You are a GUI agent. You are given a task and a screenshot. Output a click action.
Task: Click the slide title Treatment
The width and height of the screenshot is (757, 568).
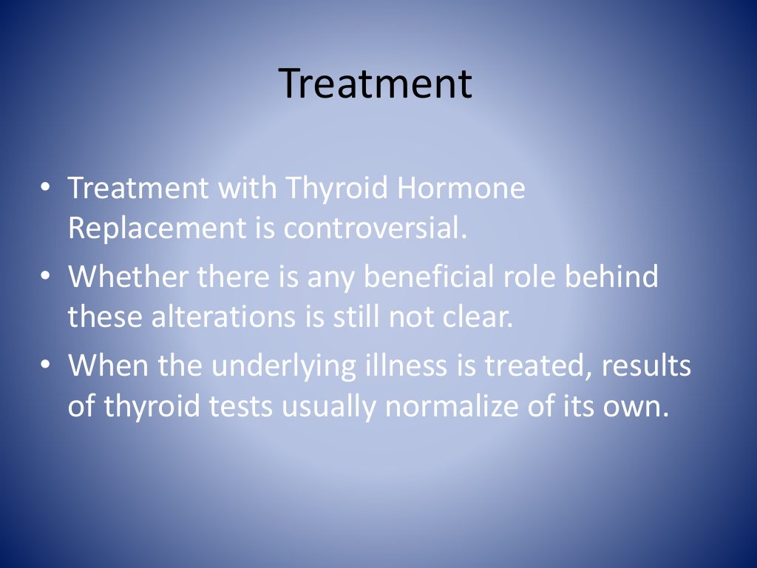pos(376,84)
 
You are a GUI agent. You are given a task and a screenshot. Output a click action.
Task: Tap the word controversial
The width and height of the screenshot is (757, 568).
pos(376,229)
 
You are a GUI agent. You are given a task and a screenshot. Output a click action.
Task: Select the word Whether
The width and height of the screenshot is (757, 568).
pos(126,277)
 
